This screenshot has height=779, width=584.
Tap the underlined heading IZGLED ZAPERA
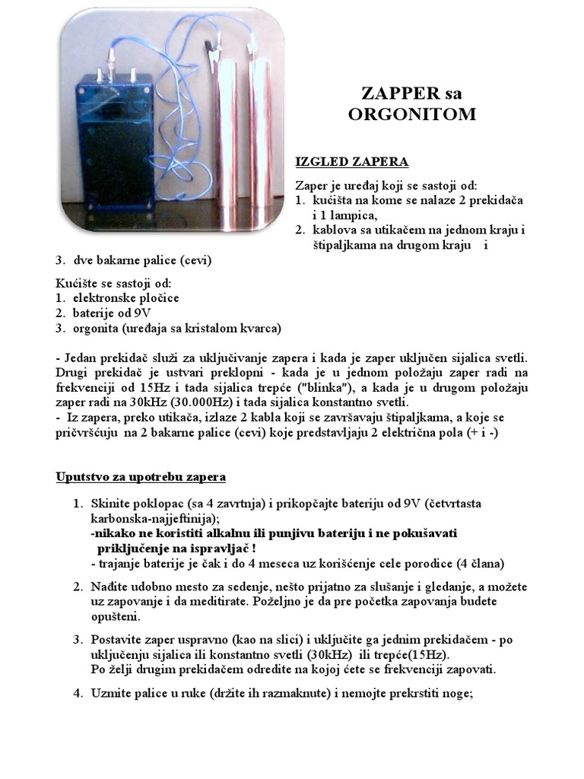[351, 161]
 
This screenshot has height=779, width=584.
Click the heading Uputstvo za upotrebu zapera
[141, 477]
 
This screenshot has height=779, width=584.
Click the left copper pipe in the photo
[227, 145]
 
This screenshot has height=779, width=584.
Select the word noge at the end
[456, 693]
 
